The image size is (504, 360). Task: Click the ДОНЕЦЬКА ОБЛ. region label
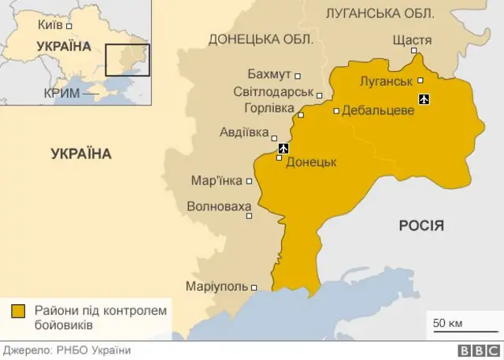tap(261, 39)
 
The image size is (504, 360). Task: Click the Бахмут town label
tap(269, 75)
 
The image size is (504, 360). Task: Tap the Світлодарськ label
tap(268, 91)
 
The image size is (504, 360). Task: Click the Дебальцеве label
tap(378, 111)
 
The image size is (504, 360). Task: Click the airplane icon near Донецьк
tap(284, 147)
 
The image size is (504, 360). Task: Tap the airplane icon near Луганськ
tap(425, 98)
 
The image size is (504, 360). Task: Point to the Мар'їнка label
tap(217, 180)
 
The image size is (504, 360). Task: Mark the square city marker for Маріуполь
tap(254, 287)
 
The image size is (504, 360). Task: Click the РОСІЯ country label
tap(421, 226)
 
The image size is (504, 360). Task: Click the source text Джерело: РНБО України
tap(66, 351)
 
